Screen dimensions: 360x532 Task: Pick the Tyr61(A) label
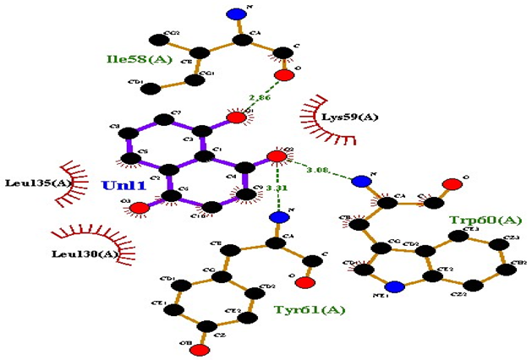(x=310, y=309)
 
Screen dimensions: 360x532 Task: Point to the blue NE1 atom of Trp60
(x=401, y=286)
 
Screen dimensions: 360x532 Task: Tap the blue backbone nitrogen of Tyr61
(x=276, y=217)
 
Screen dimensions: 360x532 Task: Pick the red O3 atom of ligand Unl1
(x=138, y=207)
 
